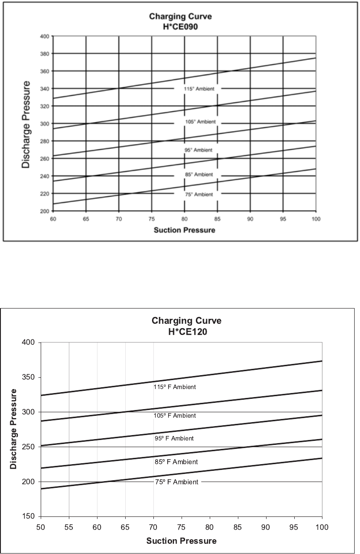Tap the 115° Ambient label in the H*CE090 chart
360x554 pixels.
[200, 89]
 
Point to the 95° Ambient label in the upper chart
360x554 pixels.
[198, 150]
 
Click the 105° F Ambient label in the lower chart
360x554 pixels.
[175, 416]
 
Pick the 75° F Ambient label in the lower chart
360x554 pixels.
[177, 482]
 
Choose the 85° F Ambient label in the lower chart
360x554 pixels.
[176, 462]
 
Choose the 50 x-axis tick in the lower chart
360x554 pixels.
[41, 527]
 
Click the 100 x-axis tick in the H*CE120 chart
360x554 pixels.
[322, 527]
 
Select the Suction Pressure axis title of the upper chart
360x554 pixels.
[184, 230]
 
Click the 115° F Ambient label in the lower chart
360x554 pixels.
[175, 387]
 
